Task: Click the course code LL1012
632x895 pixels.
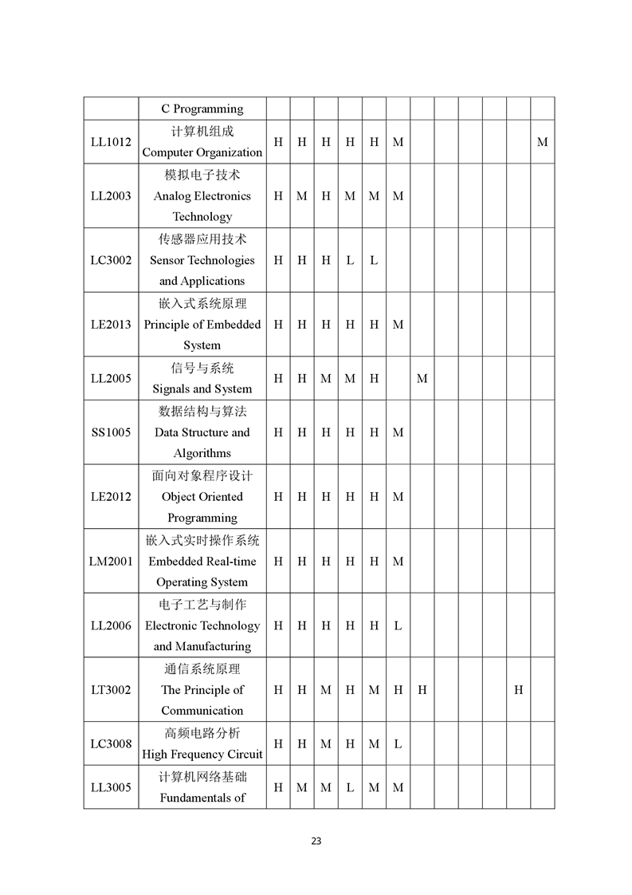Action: point(111,142)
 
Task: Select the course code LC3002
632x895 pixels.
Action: point(111,260)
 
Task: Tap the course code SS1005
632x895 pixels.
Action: point(111,432)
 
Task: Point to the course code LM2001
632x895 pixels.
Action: point(111,561)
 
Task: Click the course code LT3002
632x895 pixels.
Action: point(111,690)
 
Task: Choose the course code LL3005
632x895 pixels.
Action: point(111,787)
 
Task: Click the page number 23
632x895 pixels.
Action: point(316,841)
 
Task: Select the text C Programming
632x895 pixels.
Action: point(202,108)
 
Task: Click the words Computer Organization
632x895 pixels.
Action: point(202,152)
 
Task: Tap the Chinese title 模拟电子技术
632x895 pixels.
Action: point(202,175)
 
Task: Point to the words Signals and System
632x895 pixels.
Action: point(202,389)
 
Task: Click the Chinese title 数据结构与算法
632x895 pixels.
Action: point(202,412)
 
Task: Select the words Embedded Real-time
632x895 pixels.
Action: point(202,562)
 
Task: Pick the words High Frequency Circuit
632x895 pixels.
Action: point(202,755)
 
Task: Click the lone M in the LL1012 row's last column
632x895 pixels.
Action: point(542,142)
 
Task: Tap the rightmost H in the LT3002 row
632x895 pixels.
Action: point(518,690)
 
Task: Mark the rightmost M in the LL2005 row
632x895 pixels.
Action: point(422,378)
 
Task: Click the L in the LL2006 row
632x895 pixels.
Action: point(398,625)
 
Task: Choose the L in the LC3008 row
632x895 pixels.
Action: point(398,744)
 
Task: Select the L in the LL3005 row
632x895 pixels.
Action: point(350,787)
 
